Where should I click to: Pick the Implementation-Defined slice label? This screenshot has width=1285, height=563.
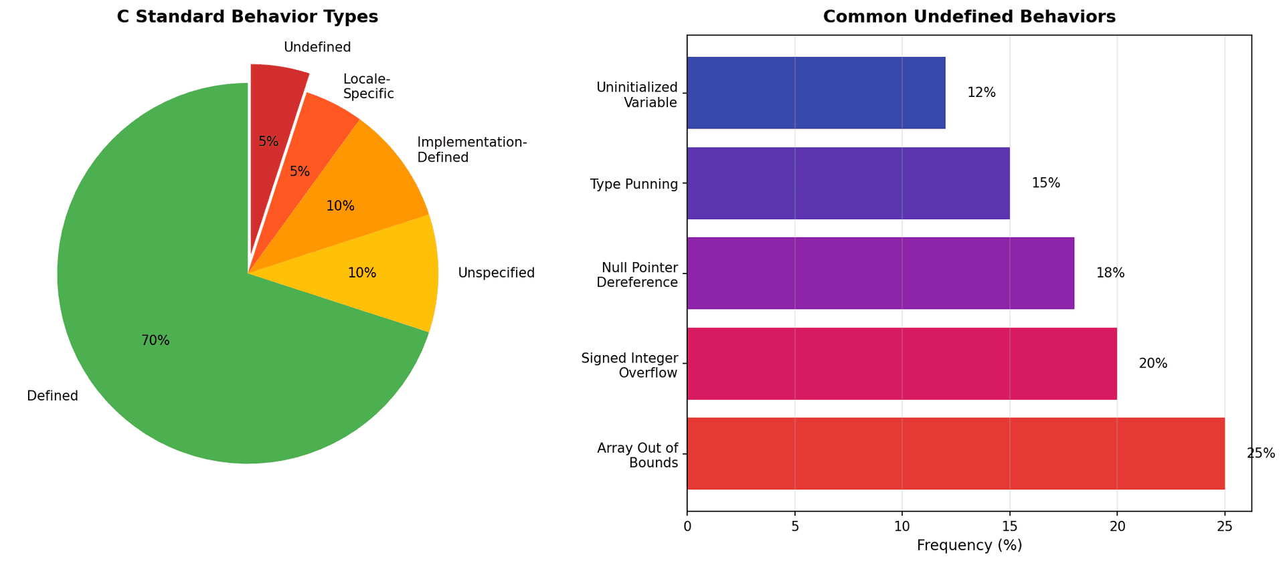pyautogui.click(x=472, y=150)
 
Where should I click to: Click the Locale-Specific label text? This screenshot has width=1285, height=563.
pyautogui.click(x=368, y=86)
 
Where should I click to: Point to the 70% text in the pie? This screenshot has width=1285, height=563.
pyautogui.click(x=155, y=340)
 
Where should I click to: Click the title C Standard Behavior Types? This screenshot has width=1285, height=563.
pyautogui.click(x=248, y=17)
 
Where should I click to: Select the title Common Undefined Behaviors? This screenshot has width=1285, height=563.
pyautogui.click(x=969, y=17)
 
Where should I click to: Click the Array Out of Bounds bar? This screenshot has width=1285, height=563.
pyautogui.click(x=956, y=453)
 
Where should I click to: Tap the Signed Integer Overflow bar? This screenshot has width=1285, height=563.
pyautogui.click(x=902, y=363)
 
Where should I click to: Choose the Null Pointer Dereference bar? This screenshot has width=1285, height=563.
pyautogui.click(x=880, y=273)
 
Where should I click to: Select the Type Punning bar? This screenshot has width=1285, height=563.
pyautogui.click(x=848, y=183)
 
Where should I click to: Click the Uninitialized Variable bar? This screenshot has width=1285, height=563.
pyautogui.click(x=816, y=92)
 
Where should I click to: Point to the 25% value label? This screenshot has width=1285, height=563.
pyautogui.click(x=1261, y=453)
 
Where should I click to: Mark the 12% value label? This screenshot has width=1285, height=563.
pyautogui.click(x=981, y=93)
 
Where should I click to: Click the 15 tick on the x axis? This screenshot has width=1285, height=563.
pyautogui.click(x=1009, y=527)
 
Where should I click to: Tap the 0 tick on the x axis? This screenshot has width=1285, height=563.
pyautogui.click(x=687, y=527)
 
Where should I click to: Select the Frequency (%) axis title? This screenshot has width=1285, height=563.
pyautogui.click(x=969, y=546)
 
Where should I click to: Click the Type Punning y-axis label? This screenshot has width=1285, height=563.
pyautogui.click(x=634, y=184)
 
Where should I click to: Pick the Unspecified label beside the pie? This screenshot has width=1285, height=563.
pyautogui.click(x=496, y=273)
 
